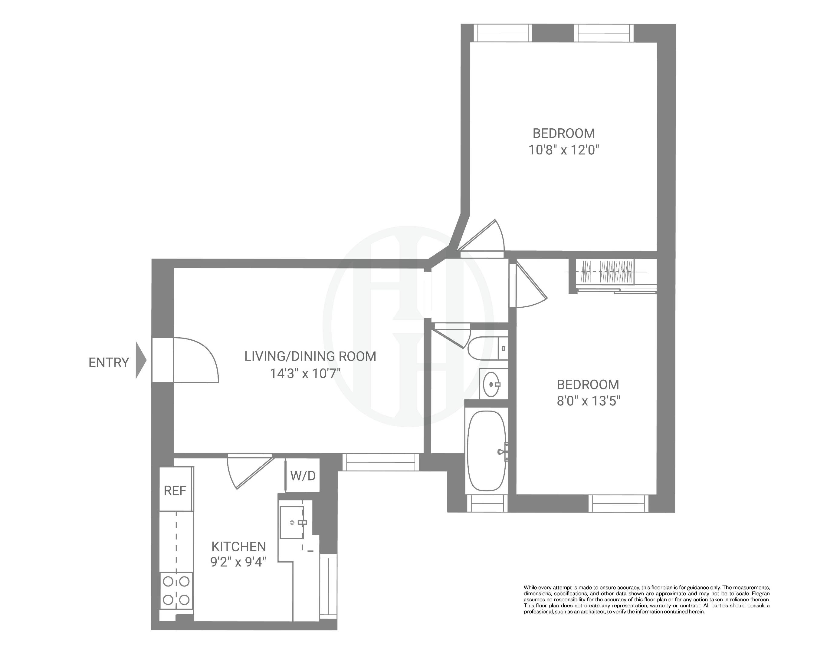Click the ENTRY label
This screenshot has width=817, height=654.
pyautogui.click(x=108, y=363)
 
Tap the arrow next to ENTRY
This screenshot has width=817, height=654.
pyautogui.click(x=141, y=360)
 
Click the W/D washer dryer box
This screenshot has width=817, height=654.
pyautogui.click(x=303, y=475)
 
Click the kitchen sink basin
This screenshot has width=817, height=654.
pyautogui.click(x=291, y=522)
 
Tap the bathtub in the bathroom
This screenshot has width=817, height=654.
pyautogui.click(x=487, y=451)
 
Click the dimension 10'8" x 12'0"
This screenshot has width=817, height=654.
pyautogui.click(x=563, y=150)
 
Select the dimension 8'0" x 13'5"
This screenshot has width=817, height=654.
pyautogui.click(x=588, y=401)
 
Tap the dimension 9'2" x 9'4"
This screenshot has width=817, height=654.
pyautogui.click(x=238, y=562)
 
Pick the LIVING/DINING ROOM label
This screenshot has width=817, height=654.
pyautogui.click(x=310, y=356)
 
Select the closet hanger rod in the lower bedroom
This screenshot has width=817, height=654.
pyautogui.click(x=606, y=272)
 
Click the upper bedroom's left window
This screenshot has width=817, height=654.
pyautogui.click(x=503, y=33)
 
